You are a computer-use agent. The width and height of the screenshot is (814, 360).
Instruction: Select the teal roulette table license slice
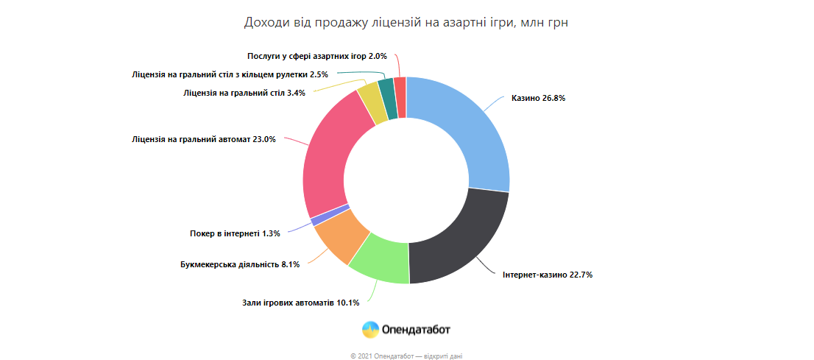(387, 99)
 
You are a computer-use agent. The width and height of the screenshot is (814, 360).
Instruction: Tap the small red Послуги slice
(400, 97)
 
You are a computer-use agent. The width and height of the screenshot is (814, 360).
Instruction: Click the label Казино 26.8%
(538, 98)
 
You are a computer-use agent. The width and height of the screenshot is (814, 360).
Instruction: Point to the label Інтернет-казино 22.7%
(548, 275)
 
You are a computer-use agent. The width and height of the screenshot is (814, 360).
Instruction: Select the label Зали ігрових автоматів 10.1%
(300, 303)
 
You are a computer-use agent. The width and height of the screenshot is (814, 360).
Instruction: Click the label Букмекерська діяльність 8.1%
(240, 264)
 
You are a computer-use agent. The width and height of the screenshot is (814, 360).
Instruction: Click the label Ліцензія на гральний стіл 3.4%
(245, 93)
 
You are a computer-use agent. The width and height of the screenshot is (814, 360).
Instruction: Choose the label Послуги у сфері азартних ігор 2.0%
(316, 56)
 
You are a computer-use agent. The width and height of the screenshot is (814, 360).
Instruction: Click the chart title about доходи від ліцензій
(406, 23)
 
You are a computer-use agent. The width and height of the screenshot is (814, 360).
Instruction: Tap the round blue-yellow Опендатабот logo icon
(371, 329)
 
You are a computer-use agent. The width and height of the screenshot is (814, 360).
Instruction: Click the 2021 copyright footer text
(406, 356)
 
